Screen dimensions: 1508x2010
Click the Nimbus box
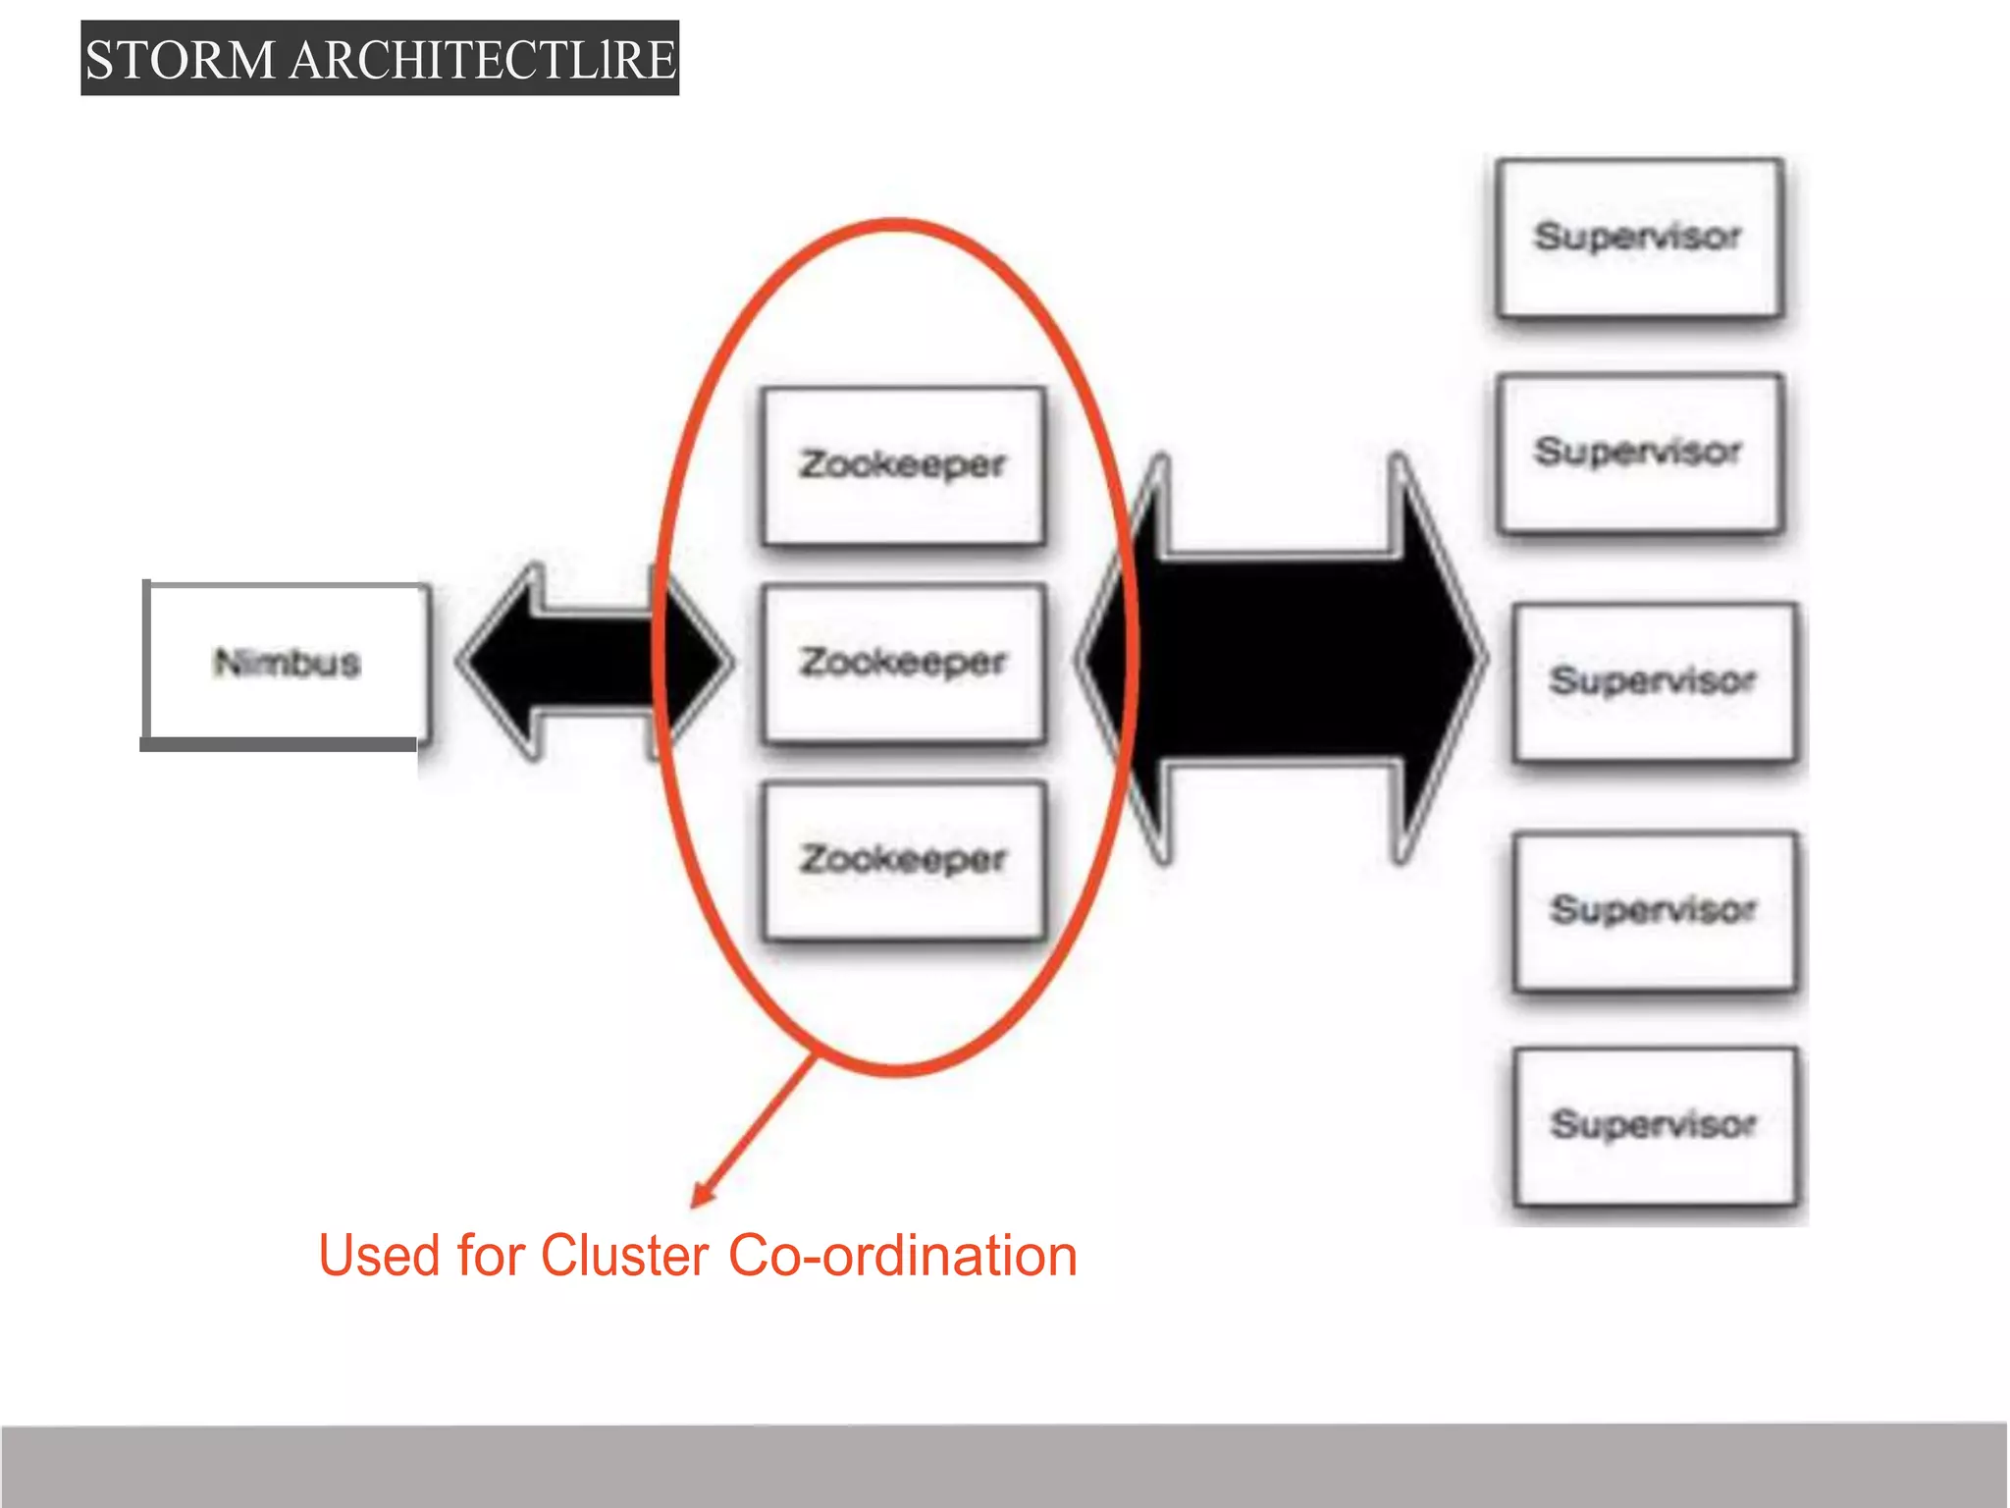pyautogui.click(x=287, y=662)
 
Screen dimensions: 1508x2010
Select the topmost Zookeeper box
pyautogui.click(x=903, y=464)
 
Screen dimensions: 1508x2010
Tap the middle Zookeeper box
pyautogui.click(x=903, y=662)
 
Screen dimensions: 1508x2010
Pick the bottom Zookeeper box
pyautogui.click(x=903, y=859)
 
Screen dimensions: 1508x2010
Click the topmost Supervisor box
pyautogui.click(x=1639, y=237)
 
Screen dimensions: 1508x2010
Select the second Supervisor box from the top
pyautogui.click(x=1639, y=452)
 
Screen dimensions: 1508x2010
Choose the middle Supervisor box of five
pyautogui.click(x=1654, y=680)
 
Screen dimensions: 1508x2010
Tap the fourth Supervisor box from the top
pyautogui.click(x=1654, y=909)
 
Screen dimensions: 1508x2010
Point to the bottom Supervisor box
pyautogui.click(x=1654, y=1124)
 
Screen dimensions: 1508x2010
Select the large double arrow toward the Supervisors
pyautogui.click(x=1281, y=659)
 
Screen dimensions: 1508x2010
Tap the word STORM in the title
pyautogui.click(x=180, y=60)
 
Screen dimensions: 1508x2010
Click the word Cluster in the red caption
pyautogui.click(x=624, y=1256)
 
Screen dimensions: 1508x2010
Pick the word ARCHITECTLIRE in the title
pyautogui.click(x=483, y=60)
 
